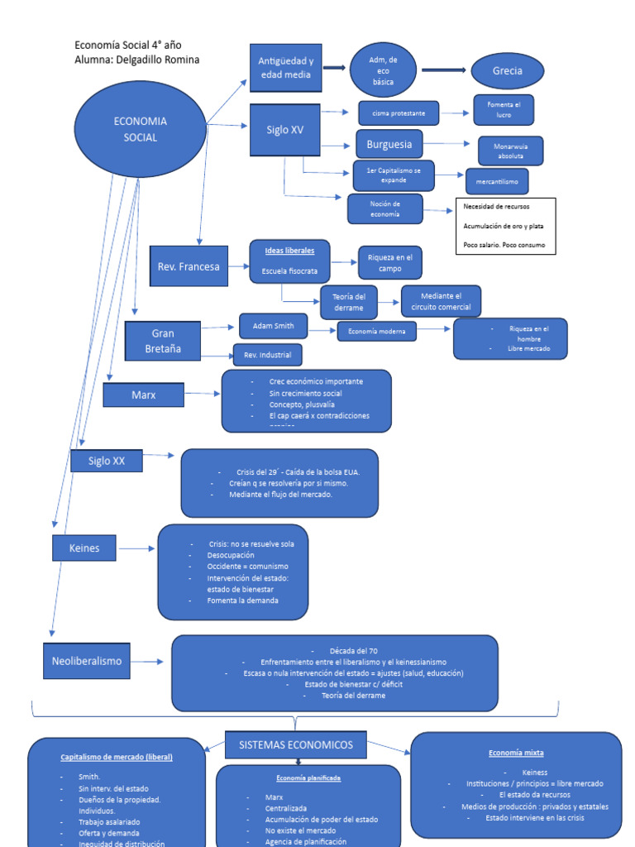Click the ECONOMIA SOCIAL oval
click(141, 129)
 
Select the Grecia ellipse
click(508, 71)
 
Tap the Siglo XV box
click(284, 130)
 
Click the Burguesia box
click(389, 145)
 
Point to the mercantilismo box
click(496, 180)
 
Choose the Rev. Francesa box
click(189, 266)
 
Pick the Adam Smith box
click(273, 326)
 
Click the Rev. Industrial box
click(267, 355)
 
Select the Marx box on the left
click(144, 395)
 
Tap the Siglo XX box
click(107, 461)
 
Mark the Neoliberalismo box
click(87, 661)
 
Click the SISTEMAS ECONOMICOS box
click(295, 744)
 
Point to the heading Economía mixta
click(516, 753)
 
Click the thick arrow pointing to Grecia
click(443, 71)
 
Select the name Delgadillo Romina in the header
click(159, 60)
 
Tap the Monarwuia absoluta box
click(510, 151)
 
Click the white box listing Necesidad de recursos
click(504, 226)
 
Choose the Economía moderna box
click(376, 332)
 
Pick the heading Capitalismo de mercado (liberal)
click(117, 757)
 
